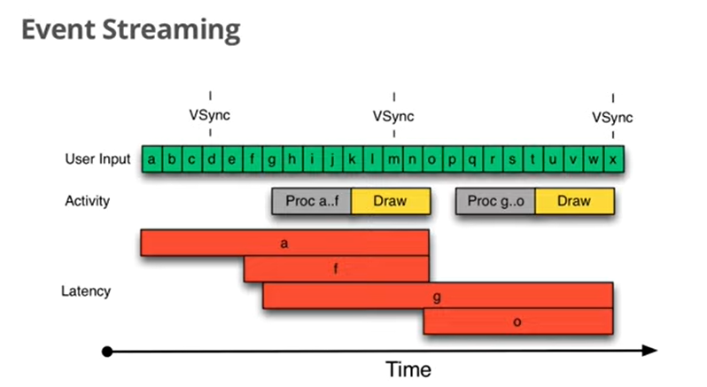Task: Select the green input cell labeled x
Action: (613, 159)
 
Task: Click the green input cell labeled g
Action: (271, 159)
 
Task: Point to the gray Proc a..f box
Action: (311, 201)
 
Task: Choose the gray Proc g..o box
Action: (495, 201)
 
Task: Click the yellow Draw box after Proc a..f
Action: (391, 201)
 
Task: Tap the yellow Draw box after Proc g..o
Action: (574, 201)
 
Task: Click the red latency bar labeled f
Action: (336, 269)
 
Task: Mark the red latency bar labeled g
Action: (437, 296)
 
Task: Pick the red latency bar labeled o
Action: (517, 321)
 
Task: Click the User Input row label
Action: (97, 159)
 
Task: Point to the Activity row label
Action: (88, 201)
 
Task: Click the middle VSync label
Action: (393, 116)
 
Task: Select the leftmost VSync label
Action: (210, 116)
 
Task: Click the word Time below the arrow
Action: (408, 368)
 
